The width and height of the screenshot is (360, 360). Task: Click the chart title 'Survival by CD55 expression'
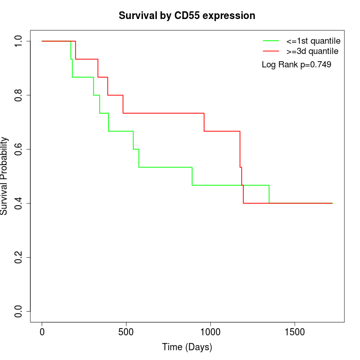click(x=187, y=15)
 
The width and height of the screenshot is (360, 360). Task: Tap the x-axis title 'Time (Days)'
click(x=187, y=347)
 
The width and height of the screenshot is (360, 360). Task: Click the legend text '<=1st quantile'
click(x=312, y=41)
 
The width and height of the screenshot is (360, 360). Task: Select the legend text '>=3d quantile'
click(x=312, y=51)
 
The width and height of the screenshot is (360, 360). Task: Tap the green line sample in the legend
click(x=271, y=41)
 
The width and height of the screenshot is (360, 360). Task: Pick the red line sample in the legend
click(x=271, y=51)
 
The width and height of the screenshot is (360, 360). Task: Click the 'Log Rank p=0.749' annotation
click(x=296, y=64)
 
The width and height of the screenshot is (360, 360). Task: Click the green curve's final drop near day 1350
click(x=269, y=194)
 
